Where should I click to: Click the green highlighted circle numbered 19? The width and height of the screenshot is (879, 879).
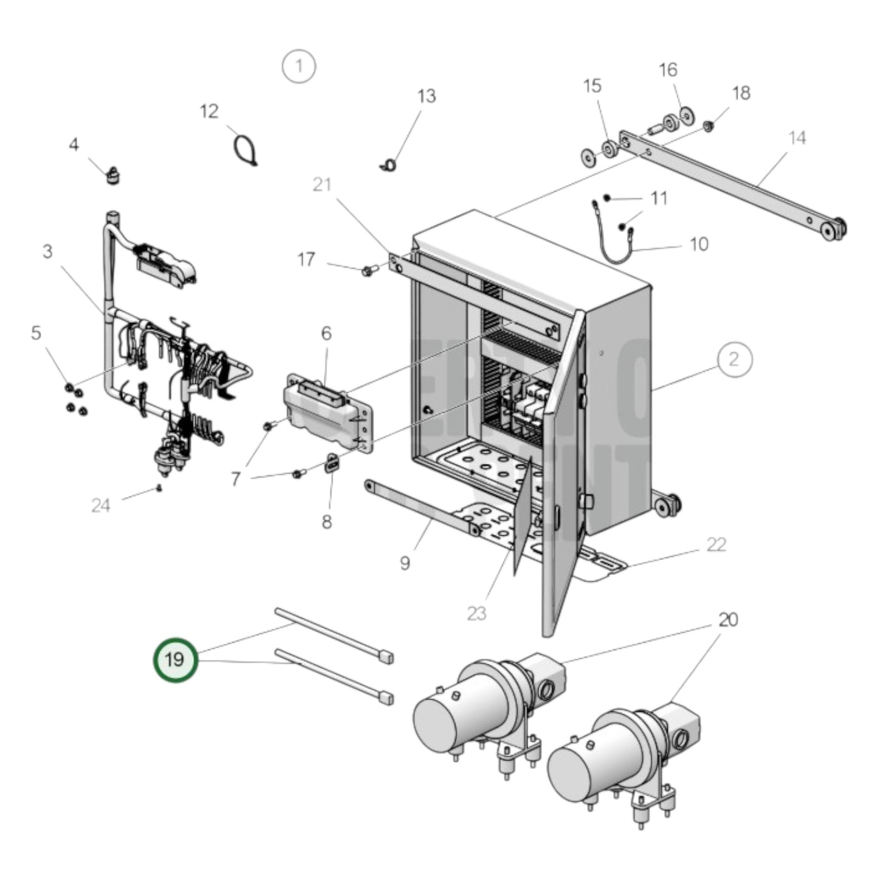[175, 660]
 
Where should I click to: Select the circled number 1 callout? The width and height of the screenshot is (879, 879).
[299, 66]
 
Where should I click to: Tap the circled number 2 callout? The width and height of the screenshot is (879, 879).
[734, 360]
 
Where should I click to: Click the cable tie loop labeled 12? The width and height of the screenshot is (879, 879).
[245, 150]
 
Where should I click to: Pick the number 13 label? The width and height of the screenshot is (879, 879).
[426, 96]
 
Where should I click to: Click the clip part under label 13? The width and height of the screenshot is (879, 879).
[390, 164]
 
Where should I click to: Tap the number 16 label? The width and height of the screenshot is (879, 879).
[667, 70]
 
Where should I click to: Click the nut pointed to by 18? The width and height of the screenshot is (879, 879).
[708, 127]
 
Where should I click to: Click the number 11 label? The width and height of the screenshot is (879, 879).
[658, 198]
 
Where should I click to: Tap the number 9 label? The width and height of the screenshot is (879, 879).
[405, 563]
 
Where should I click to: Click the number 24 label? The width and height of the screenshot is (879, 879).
[101, 505]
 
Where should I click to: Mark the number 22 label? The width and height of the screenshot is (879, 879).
[716, 544]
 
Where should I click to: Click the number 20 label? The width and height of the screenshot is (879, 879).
[728, 620]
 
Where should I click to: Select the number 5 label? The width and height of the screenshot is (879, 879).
[36, 333]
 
